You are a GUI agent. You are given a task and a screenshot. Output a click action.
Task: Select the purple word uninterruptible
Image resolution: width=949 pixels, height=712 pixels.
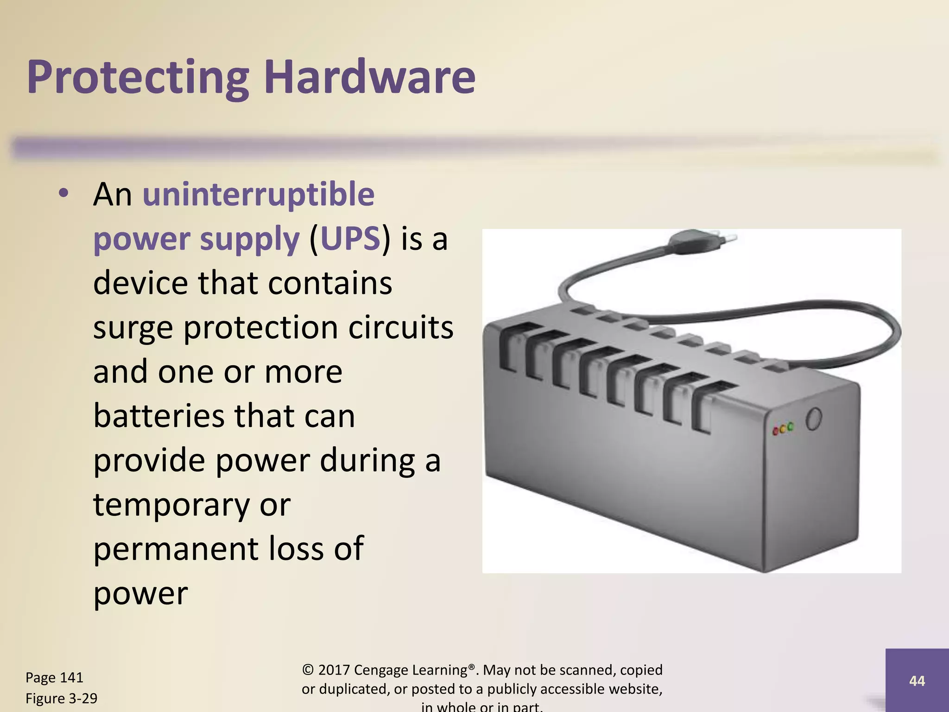tap(258, 194)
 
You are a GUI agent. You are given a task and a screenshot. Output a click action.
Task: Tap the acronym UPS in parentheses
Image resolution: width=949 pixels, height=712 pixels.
tap(350, 239)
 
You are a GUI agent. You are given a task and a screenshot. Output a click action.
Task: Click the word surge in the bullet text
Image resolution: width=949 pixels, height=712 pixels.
tap(133, 328)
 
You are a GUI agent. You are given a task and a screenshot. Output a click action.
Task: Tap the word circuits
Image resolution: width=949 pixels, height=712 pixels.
tap(400, 327)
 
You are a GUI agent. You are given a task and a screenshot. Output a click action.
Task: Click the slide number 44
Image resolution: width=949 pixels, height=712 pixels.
tap(917, 680)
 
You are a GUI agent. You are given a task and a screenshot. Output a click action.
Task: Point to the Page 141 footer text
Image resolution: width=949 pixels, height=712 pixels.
tap(54, 677)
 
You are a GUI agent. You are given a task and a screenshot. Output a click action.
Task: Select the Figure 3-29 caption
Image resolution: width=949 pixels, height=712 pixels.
tap(61, 698)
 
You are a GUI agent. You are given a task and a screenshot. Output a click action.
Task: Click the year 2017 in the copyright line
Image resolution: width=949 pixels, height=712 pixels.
tap(334, 670)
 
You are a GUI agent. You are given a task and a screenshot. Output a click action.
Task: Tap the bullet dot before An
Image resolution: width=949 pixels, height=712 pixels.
tap(63, 193)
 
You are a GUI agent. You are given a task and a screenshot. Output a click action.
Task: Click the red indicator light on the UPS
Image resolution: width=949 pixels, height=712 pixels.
tap(776, 432)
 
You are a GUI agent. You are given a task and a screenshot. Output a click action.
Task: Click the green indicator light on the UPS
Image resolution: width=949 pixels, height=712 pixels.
tap(791, 426)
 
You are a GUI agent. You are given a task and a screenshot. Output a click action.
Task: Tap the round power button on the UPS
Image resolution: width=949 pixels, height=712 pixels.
tap(814, 419)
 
